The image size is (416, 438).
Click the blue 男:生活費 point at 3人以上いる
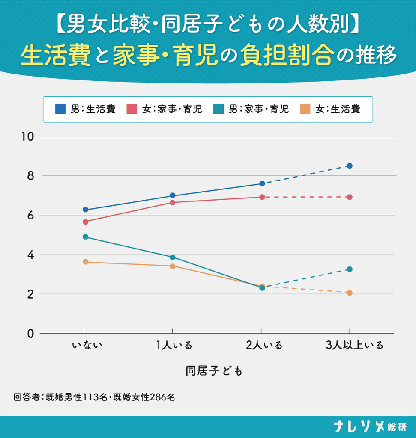[350, 166]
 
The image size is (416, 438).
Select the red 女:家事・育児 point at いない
[86, 222]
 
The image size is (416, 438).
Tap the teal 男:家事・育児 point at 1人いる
[173, 257]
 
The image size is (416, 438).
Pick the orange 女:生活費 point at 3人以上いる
[350, 293]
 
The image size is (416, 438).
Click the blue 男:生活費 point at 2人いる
[262, 183]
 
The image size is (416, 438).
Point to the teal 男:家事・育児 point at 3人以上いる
[350, 269]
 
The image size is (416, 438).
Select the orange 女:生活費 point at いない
[86, 262]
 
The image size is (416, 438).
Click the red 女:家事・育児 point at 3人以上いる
[350, 197]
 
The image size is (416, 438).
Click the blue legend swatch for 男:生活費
[60, 109]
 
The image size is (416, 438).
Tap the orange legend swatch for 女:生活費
[305, 109]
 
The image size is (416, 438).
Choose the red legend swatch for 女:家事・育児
[132, 109]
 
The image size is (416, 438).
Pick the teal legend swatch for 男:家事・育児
[218, 109]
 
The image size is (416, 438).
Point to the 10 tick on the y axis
[28, 137]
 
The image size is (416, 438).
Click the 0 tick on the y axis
[30, 334]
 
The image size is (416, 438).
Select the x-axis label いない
[87, 346]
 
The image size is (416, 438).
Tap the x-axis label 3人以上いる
[354, 346]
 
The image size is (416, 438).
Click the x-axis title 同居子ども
[214, 371]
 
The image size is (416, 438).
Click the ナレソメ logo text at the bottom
[360, 427]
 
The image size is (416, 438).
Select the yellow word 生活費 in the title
[55, 55]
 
